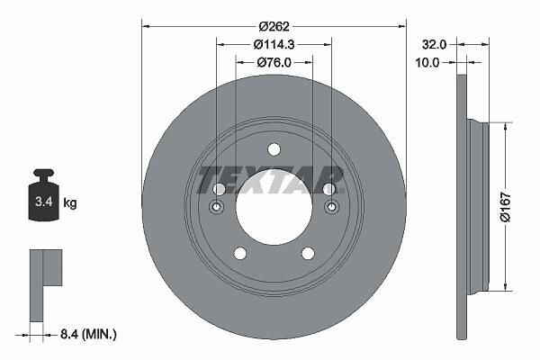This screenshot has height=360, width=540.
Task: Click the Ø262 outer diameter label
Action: [274, 26]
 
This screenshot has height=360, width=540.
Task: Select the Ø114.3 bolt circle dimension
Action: [274, 44]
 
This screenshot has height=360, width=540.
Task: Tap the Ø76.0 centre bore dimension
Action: [274, 62]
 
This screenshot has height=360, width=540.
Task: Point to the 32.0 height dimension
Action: [435, 44]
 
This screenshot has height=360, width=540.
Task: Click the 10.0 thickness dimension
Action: [427, 63]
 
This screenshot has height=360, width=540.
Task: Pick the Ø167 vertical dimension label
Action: [506, 207]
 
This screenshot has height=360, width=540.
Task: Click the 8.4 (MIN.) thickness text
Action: [88, 334]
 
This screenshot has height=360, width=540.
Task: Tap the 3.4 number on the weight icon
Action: [44, 202]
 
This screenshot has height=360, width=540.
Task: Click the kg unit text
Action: [70, 202]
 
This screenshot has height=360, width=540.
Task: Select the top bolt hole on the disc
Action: [274, 150]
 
